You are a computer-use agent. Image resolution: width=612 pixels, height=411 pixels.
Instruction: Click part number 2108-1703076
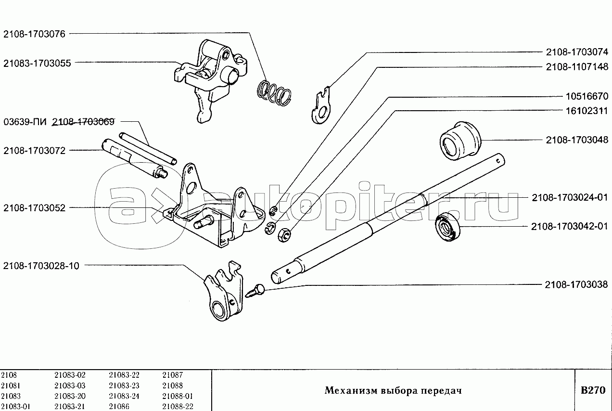[34, 34]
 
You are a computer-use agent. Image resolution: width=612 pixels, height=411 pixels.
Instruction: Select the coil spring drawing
[274, 93]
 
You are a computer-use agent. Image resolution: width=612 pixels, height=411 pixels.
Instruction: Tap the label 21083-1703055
[37, 64]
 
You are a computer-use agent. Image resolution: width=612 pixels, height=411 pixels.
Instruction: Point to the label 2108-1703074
[577, 52]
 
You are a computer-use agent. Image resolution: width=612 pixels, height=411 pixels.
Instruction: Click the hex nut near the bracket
[284, 235]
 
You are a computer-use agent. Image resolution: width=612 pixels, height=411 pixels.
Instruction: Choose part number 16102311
[587, 111]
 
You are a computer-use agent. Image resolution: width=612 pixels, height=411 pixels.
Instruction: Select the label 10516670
[587, 96]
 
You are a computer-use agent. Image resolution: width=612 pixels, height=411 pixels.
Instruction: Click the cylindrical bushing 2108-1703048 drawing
[460, 141]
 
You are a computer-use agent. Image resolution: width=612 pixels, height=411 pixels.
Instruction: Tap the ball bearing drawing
[447, 227]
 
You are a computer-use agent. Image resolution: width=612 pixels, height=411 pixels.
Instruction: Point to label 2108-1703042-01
[570, 227]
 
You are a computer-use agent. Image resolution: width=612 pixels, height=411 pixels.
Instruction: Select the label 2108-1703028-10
[41, 266]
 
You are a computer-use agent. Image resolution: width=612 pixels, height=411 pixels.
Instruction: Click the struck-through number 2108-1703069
[83, 122]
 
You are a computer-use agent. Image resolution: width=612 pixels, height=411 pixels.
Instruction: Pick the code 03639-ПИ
[25, 122]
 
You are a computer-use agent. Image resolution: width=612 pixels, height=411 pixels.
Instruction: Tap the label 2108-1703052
[34, 208]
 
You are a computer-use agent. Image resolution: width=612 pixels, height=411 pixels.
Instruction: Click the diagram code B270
[593, 390]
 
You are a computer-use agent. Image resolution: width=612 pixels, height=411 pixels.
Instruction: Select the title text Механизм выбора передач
[393, 390]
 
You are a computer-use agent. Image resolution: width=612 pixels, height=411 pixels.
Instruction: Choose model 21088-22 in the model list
[178, 406]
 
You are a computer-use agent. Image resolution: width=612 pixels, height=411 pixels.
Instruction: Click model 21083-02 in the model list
[70, 375]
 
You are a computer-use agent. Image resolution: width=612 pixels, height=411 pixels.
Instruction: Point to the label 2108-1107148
[577, 67]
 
